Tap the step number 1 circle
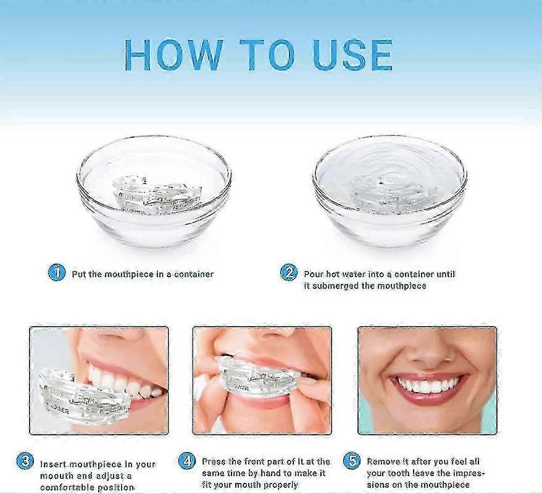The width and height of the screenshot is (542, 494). (x=57, y=272)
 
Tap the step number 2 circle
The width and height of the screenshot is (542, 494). (x=288, y=272)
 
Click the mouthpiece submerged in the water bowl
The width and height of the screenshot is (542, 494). (x=389, y=188)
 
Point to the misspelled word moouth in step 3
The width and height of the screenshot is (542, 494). (x=57, y=476)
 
